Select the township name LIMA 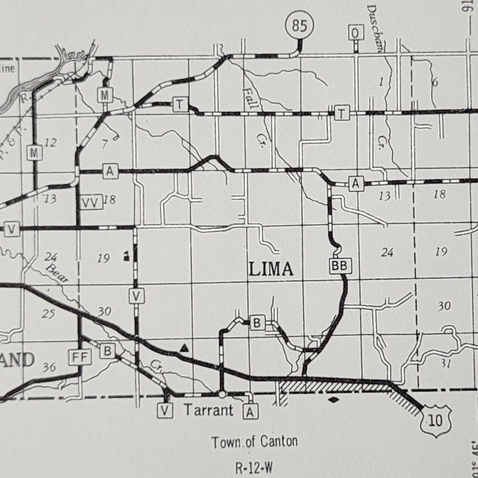(x=272, y=269)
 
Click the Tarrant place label (x=208, y=411)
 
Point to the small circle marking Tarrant (x=222, y=394)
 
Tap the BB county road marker (x=339, y=265)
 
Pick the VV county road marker (x=90, y=202)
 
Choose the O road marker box (x=356, y=33)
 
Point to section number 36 (x=51, y=367)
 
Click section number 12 (x=51, y=143)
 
